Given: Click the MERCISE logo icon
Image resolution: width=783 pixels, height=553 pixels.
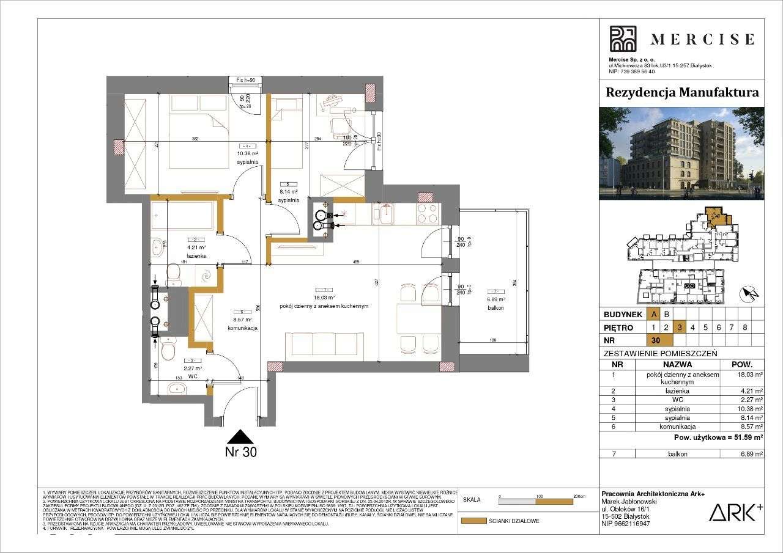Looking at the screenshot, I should [x=623, y=39].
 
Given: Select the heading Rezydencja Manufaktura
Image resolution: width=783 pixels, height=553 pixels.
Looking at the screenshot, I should [x=681, y=92].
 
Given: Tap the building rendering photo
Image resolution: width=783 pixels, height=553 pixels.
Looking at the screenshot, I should [x=681, y=153].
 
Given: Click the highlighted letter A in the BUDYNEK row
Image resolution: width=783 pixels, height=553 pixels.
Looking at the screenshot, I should [x=655, y=314].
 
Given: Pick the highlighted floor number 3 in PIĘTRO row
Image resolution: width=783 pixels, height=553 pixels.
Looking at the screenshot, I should [x=680, y=327].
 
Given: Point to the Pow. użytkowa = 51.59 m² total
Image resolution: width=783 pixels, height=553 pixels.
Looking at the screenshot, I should [x=718, y=438].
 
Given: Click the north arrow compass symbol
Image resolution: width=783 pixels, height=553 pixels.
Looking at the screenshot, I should [x=749, y=295].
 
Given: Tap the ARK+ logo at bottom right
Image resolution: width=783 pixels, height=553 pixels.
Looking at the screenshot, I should [x=735, y=512].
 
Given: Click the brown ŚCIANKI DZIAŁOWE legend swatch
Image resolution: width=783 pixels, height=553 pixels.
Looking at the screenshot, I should [x=473, y=521].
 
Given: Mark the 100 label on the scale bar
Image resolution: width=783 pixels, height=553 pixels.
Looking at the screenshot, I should [x=539, y=497].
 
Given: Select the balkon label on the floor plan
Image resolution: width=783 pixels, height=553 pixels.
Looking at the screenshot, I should [x=495, y=309].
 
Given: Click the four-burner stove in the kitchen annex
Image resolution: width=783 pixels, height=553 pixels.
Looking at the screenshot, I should [x=427, y=214].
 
